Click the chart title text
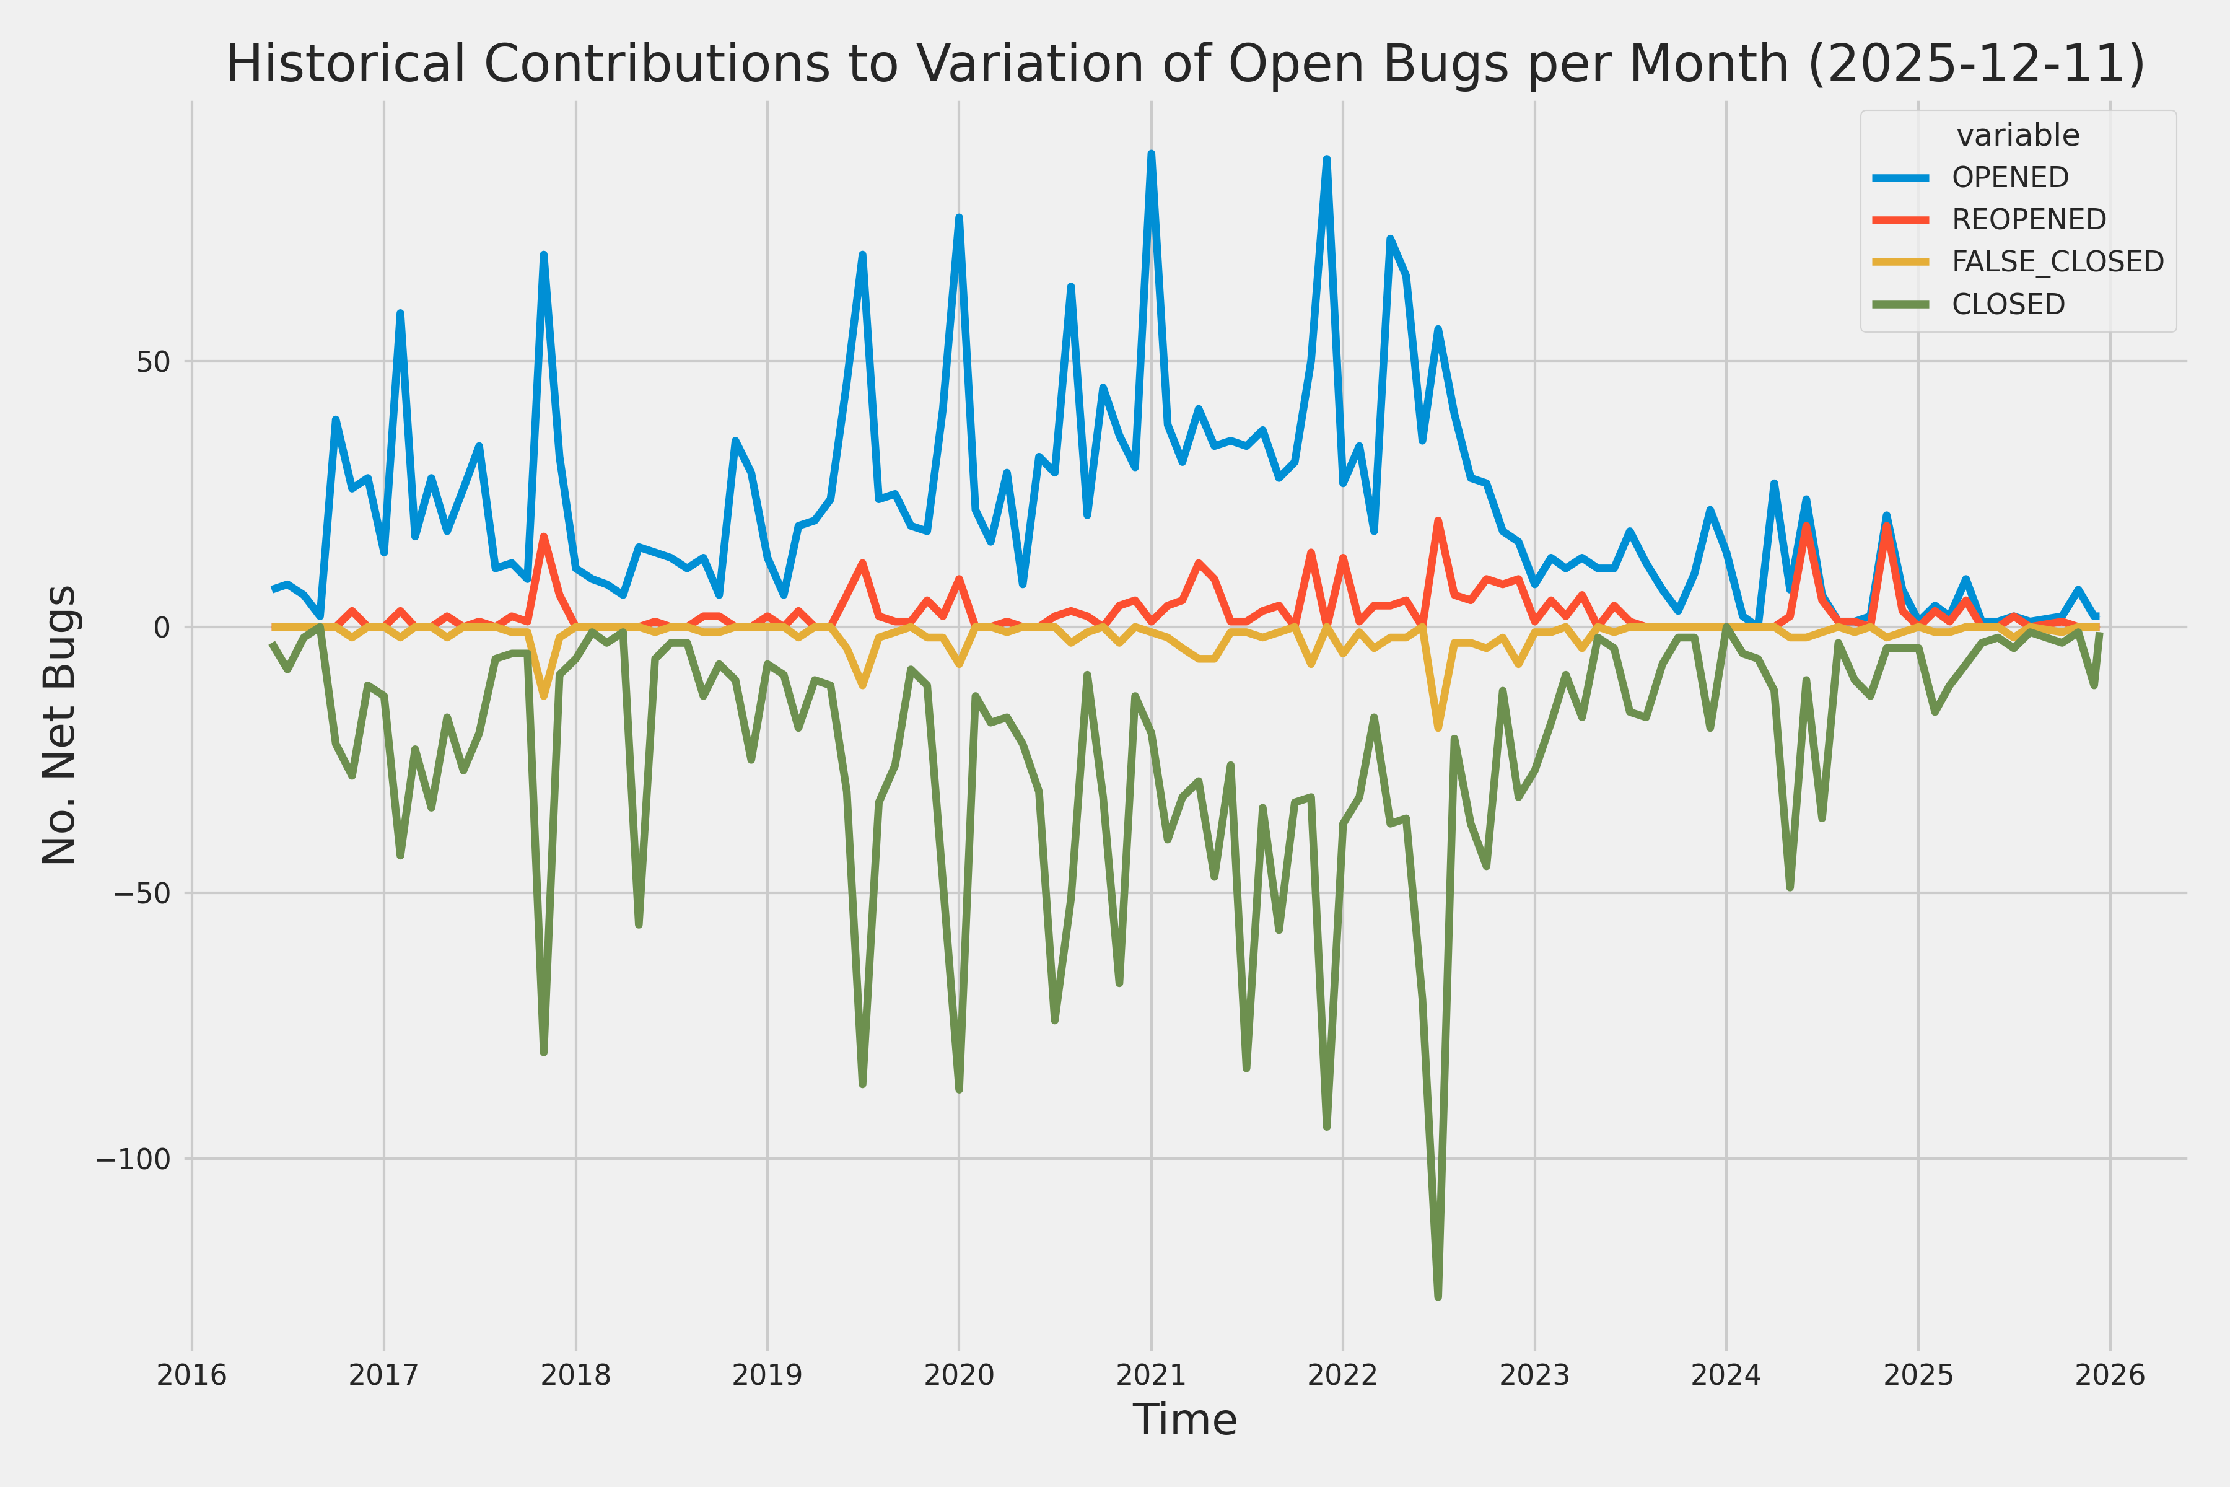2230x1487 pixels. tap(1185, 64)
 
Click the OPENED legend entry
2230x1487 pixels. tap(2010, 177)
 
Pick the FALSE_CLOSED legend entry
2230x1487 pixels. tap(2057, 261)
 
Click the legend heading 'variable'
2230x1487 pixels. tap(2018, 136)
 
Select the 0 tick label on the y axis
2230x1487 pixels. tap(161, 628)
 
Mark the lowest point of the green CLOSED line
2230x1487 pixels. tap(1438, 1296)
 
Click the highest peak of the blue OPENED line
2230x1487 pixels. tap(1151, 154)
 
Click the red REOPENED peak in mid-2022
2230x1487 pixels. tap(1438, 520)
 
